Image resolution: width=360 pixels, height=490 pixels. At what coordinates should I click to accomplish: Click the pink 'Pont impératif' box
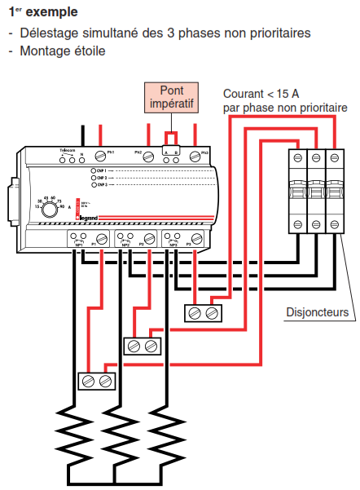tap(172, 98)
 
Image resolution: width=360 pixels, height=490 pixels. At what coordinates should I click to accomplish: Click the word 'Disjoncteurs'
tap(317, 312)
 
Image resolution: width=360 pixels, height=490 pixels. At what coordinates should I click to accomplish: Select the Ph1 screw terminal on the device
tap(100, 154)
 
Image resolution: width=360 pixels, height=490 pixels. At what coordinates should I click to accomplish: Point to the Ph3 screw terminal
tap(195, 154)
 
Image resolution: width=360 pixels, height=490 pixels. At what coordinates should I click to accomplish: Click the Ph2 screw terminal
tap(148, 154)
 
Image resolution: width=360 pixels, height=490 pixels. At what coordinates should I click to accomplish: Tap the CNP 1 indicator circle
tap(94, 170)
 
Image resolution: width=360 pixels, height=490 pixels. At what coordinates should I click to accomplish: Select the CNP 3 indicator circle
tap(94, 185)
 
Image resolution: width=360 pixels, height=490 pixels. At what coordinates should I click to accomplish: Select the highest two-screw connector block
tap(203, 312)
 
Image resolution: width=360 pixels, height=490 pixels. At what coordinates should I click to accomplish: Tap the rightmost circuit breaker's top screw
tap(334, 157)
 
